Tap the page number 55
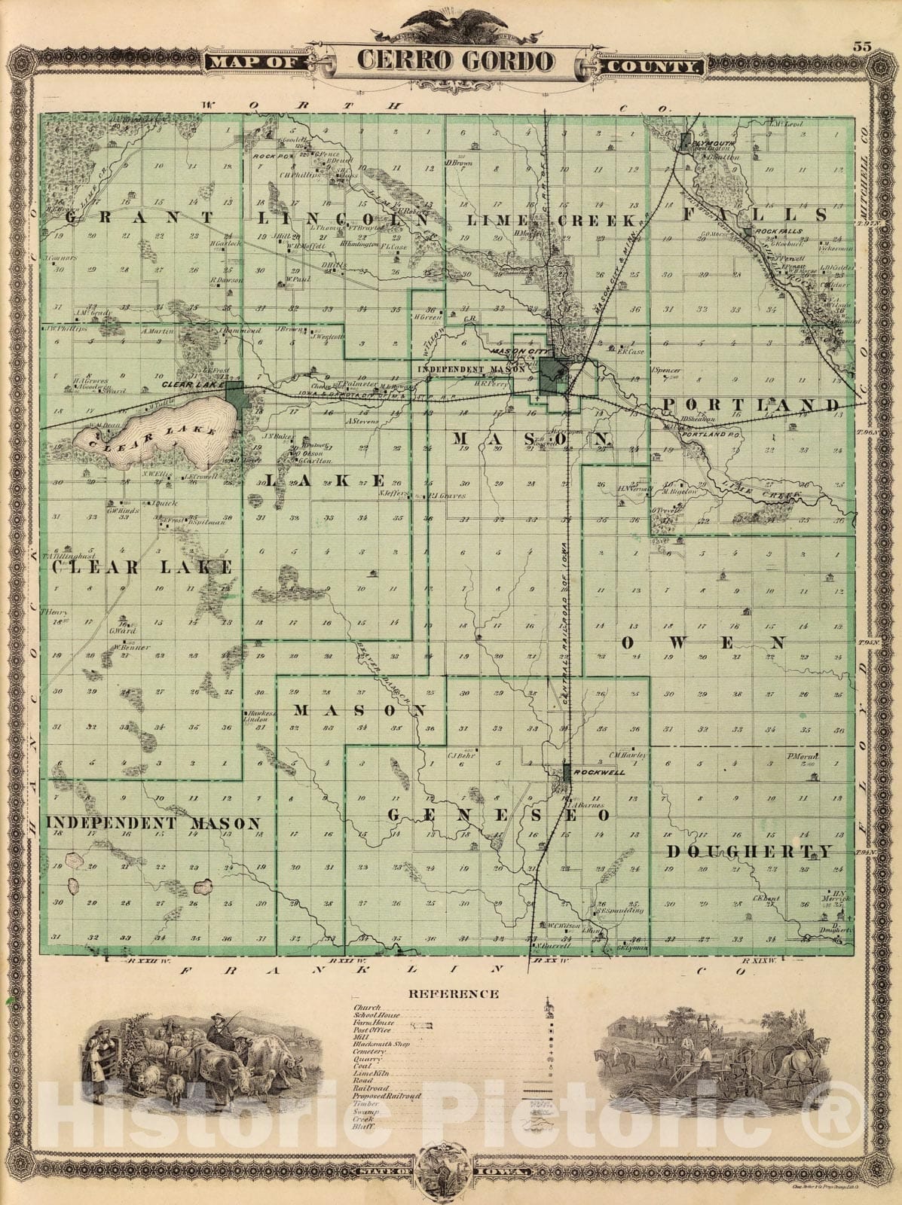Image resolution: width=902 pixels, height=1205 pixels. click(x=862, y=46)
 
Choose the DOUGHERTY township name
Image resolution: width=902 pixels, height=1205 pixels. click(x=750, y=851)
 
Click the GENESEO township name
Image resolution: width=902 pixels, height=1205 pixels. click(x=498, y=815)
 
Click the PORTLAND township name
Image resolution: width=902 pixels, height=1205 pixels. click(x=751, y=405)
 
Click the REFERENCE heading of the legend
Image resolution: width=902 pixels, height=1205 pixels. click(x=453, y=993)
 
